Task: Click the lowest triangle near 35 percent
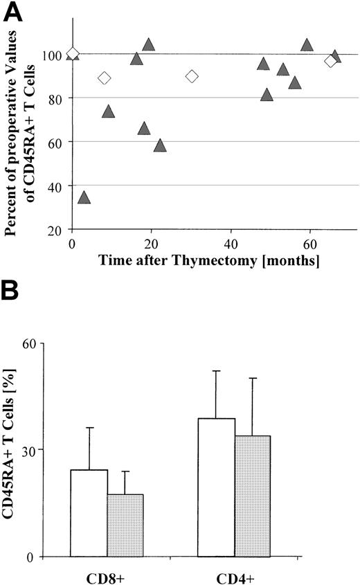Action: (84, 198)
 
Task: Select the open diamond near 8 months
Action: (105, 78)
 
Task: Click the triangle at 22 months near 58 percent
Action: (160, 145)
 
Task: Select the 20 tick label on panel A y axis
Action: (60, 230)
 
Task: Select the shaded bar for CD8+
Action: (125, 525)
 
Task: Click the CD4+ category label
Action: (235, 575)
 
